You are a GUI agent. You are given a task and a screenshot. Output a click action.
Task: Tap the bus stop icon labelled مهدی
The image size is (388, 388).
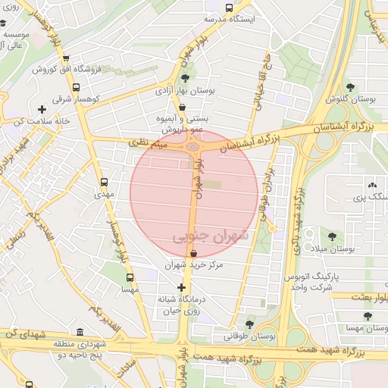tap(104, 182)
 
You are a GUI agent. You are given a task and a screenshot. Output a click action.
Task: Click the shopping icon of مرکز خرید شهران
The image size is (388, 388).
tap(195, 253)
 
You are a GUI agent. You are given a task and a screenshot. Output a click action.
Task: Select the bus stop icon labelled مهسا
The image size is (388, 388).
tap(129, 277)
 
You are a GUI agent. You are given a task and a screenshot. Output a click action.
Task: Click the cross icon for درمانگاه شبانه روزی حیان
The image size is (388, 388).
tap(181, 287)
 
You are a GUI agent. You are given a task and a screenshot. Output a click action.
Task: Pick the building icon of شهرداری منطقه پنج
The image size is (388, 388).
tap(80, 332)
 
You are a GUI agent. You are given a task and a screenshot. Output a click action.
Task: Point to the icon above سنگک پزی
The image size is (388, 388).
tap(371, 184)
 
